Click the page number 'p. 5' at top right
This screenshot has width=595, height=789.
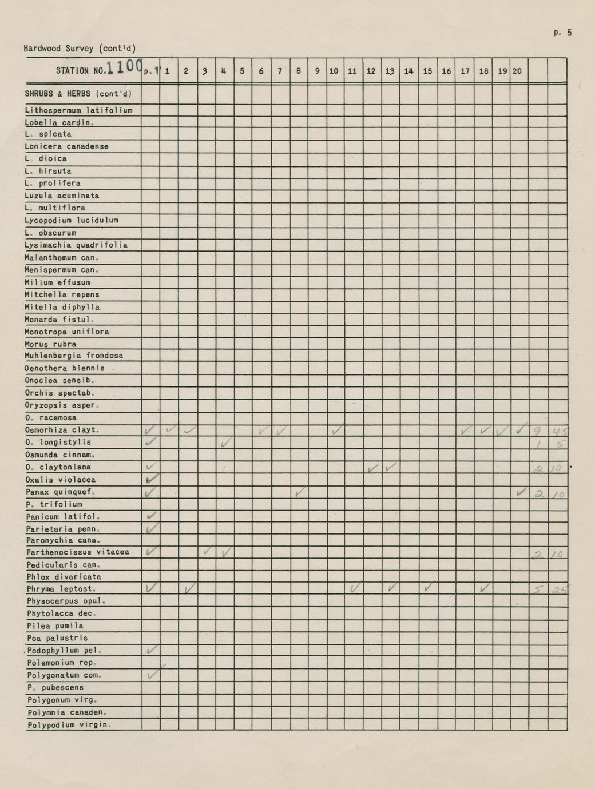[x=562, y=33]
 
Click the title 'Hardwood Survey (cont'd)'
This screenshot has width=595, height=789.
[x=80, y=49]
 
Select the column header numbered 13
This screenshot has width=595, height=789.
[x=390, y=71]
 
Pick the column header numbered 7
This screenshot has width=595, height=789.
[x=280, y=71]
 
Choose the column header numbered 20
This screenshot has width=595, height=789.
[x=517, y=71]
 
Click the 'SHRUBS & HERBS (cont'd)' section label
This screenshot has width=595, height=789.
[x=78, y=94]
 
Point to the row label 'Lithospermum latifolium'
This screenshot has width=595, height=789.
[x=78, y=110]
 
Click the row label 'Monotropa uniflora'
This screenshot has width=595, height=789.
[x=66, y=332]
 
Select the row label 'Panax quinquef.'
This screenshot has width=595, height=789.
[x=61, y=492]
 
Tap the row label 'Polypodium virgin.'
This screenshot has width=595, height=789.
[x=69, y=725]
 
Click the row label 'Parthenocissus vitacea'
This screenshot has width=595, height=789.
[x=77, y=552]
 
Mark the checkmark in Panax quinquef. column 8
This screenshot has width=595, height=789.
[x=299, y=491]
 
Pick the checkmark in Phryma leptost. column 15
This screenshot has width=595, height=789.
[x=427, y=587]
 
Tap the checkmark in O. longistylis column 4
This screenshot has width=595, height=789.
[x=225, y=442]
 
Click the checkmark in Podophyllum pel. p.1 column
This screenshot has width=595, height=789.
[x=151, y=649]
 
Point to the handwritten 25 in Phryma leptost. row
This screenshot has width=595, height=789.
[x=558, y=589]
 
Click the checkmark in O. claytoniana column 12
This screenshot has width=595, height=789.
[x=372, y=468]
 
